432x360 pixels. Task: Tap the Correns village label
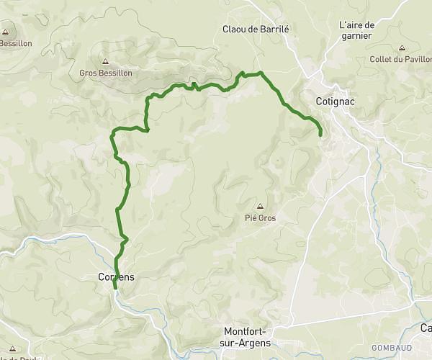[116, 276]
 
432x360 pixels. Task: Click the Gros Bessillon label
[106, 73]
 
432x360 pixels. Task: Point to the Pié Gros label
[260, 217]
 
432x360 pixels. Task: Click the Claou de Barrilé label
[256, 30]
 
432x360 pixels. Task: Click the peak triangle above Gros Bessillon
[106, 62]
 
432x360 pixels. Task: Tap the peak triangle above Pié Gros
[260, 206]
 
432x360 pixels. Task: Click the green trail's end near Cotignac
[320, 133]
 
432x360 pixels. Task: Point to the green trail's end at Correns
[115, 289]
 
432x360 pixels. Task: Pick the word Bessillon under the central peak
[115, 73]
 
